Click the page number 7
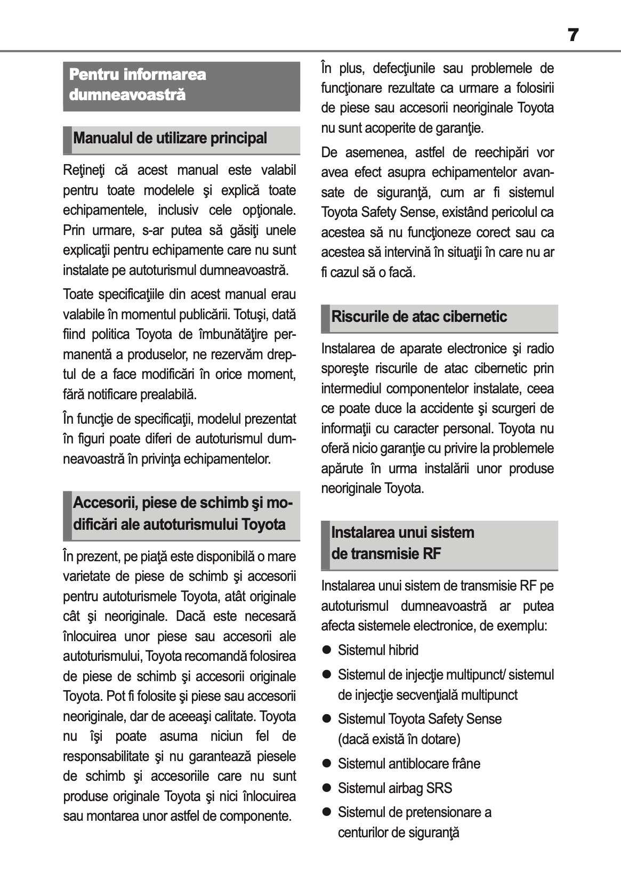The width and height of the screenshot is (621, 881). [572, 35]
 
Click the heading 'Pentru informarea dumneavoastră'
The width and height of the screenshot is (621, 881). [138, 85]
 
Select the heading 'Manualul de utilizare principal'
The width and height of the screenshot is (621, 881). [170, 139]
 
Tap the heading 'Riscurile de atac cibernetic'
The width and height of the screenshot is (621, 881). [419, 317]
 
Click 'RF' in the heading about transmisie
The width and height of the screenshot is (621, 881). [432, 554]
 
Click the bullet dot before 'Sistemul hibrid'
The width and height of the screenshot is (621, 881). [327, 650]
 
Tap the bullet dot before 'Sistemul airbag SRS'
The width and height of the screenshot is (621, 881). [327, 788]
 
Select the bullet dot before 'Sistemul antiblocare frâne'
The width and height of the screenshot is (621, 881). [327, 764]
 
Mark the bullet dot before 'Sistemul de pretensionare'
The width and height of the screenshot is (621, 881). [327, 812]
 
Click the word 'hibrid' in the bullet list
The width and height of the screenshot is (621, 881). [404, 650]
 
